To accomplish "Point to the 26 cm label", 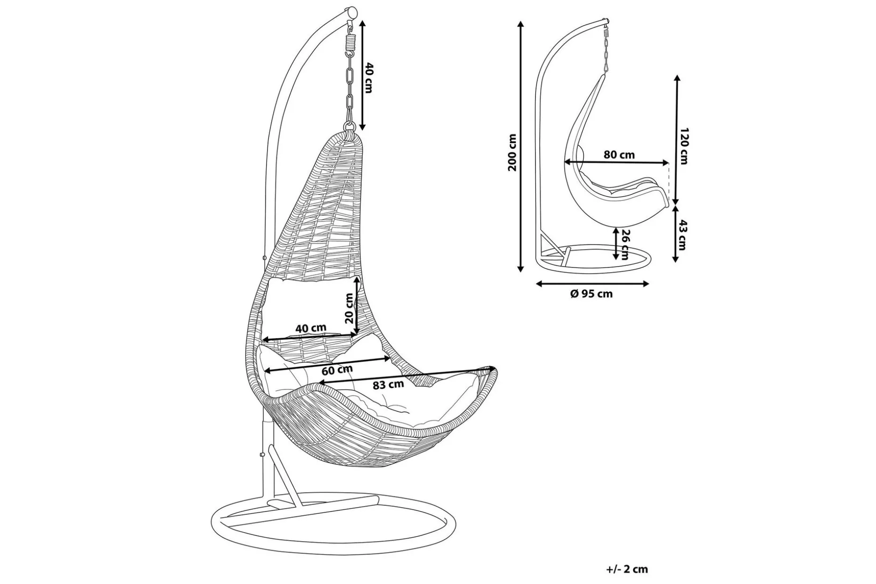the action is (625, 244).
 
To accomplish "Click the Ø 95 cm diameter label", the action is (591, 294).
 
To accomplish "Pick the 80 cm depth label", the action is (620, 154).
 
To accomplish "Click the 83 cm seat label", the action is (388, 385).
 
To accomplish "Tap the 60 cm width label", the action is (337, 370).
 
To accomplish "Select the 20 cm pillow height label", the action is (349, 308).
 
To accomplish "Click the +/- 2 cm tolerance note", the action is (627, 569).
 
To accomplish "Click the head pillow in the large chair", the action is (308, 307).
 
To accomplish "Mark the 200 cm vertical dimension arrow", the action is (520, 146).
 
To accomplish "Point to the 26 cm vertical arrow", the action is (616, 243).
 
